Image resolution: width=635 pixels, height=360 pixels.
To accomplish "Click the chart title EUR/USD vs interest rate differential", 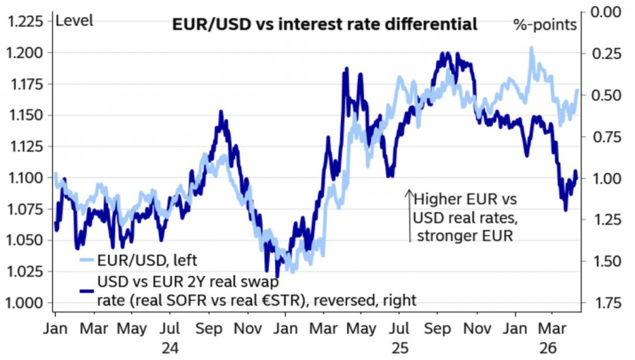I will click(x=325, y=25).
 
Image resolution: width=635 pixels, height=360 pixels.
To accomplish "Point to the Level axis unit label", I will click(x=73, y=20).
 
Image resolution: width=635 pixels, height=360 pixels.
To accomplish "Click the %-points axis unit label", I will click(x=545, y=25).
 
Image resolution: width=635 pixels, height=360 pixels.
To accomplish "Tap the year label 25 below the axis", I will click(x=400, y=348).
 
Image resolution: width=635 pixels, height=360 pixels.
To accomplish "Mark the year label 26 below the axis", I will click(x=550, y=348).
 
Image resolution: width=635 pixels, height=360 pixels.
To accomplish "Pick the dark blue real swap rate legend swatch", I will click(x=85, y=290).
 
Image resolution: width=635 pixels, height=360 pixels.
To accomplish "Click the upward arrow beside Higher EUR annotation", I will click(x=409, y=215).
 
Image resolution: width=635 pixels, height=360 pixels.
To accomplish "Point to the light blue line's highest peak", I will click(x=531, y=48).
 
